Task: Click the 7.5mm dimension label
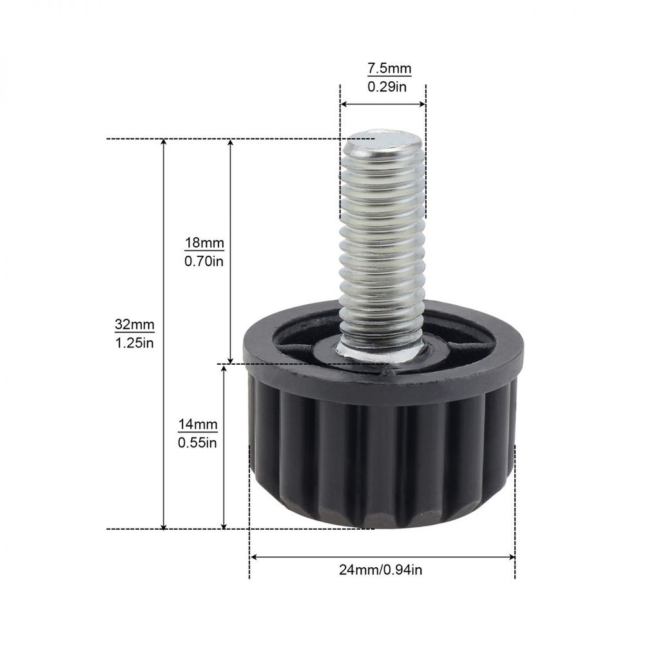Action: click(x=389, y=68)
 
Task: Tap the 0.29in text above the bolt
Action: click(x=387, y=87)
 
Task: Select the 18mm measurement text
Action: click(x=204, y=243)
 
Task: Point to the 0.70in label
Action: click(x=204, y=262)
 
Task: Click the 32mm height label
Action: click(x=135, y=325)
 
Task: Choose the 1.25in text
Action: click(x=135, y=343)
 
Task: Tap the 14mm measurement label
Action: click(x=198, y=424)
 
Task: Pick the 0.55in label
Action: click(x=197, y=443)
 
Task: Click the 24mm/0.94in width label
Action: click(x=380, y=570)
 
